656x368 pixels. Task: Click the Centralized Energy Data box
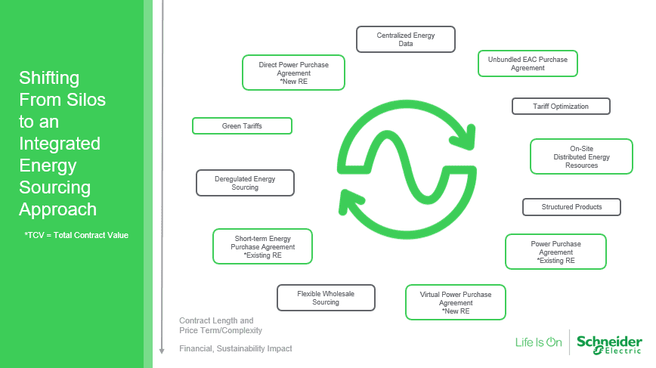(406, 39)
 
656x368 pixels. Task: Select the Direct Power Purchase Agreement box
(294, 73)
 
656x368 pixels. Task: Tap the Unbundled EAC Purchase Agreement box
(528, 63)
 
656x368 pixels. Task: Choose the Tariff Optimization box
(561, 107)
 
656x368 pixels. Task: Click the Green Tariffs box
(242, 126)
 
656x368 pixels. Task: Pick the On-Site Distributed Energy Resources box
(581, 156)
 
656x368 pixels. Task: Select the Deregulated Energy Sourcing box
(245, 183)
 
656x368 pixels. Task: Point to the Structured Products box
(571, 207)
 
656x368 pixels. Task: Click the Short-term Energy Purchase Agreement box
(262, 246)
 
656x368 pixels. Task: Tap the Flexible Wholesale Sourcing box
(326, 298)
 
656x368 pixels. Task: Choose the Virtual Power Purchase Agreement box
(456, 302)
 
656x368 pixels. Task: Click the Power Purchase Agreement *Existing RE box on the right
(555, 252)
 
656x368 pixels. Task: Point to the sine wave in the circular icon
(407, 164)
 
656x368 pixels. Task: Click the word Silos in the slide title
(84, 99)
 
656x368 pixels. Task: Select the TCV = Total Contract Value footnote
(76, 235)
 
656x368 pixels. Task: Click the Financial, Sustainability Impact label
(235, 348)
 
